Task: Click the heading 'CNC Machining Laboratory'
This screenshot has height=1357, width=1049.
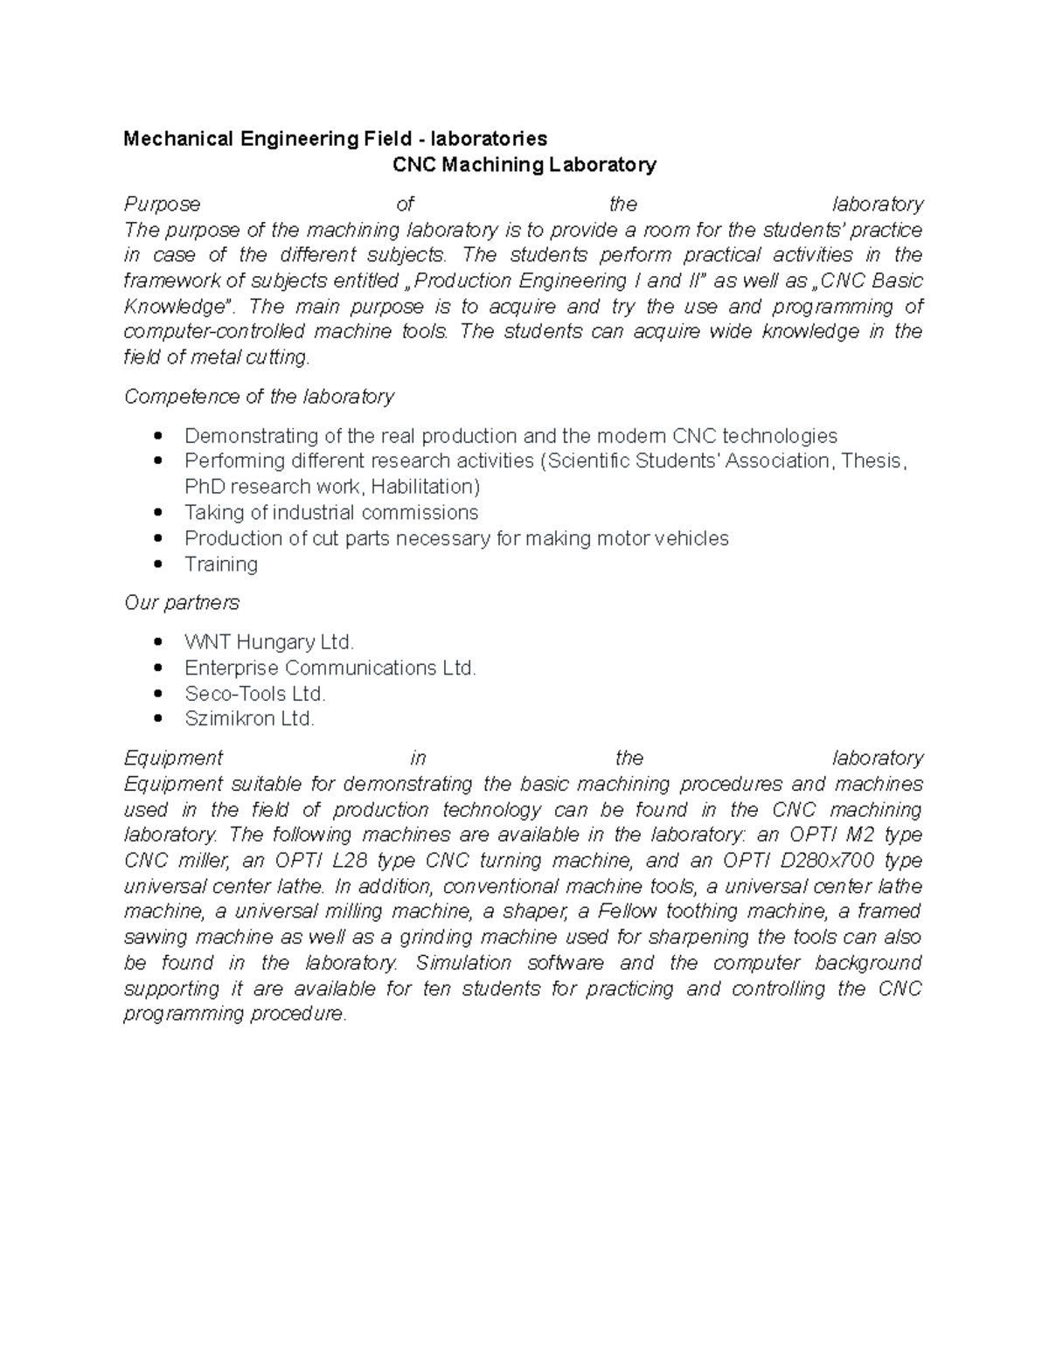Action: (524, 164)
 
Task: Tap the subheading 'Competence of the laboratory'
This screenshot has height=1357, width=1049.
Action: (259, 397)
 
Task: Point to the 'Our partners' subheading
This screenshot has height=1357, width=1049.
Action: (182, 603)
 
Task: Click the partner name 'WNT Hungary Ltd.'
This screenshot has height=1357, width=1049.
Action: (269, 642)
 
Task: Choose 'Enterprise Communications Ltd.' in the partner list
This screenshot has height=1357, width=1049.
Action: (330, 668)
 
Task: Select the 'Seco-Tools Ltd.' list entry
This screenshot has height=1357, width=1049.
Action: (255, 694)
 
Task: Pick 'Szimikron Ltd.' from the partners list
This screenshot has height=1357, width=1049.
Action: (249, 719)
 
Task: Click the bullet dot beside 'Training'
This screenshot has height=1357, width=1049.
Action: (158, 564)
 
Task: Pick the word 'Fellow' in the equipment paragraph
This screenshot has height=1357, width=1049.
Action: (628, 911)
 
